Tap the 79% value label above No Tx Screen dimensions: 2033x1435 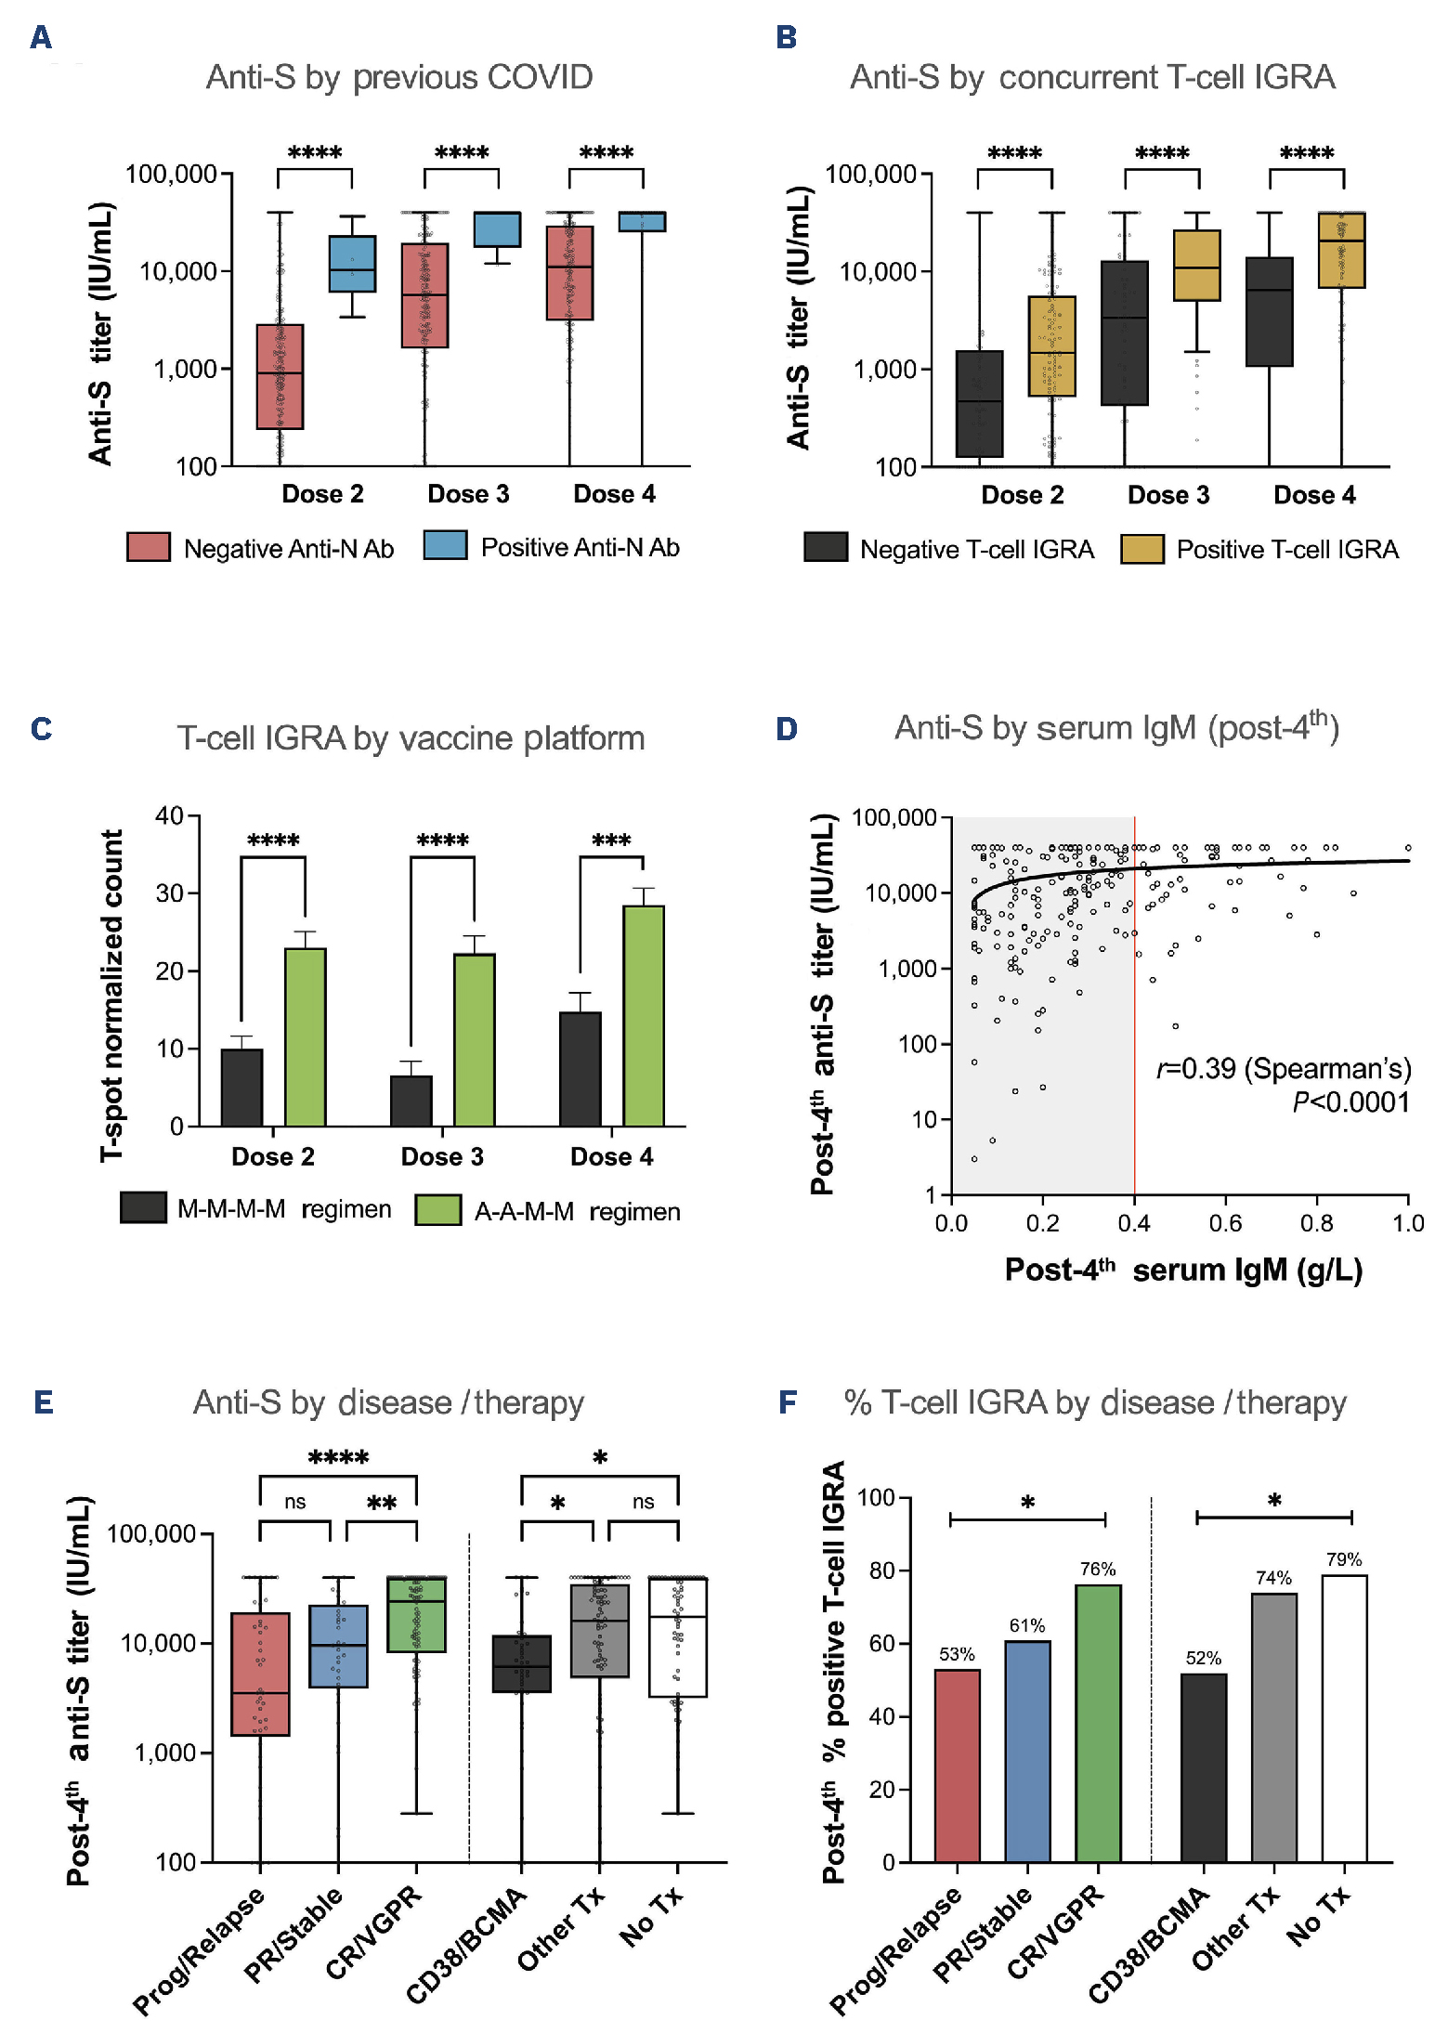tap(1344, 1559)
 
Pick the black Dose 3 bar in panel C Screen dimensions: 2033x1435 tap(411, 1101)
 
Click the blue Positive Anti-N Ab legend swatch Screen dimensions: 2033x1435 tap(445, 545)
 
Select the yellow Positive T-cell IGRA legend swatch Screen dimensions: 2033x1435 tap(1141, 549)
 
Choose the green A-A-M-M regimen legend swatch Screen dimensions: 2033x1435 tap(438, 1210)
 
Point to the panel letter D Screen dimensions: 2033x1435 tap(787, 729)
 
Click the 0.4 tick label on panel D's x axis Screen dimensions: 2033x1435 tap(1134, 1223)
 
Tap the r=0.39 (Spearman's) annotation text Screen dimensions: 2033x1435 tap(1284, 1069)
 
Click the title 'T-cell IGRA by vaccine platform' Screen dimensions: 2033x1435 tap(411, 738)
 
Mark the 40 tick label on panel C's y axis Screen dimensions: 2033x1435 tap(169, 815)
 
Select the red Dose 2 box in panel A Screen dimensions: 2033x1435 tap(280, 376)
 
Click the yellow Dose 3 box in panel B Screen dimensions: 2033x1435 tap(1197, 266)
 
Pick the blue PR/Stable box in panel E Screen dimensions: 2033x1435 tap(338, 1646)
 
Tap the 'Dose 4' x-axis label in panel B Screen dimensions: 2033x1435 tap(1314, 495)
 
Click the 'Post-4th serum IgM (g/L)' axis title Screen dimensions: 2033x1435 tap(1183, 1270)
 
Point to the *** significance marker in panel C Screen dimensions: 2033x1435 tap(611, 841)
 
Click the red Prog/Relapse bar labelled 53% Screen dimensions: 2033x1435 tap(957, 1766)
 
